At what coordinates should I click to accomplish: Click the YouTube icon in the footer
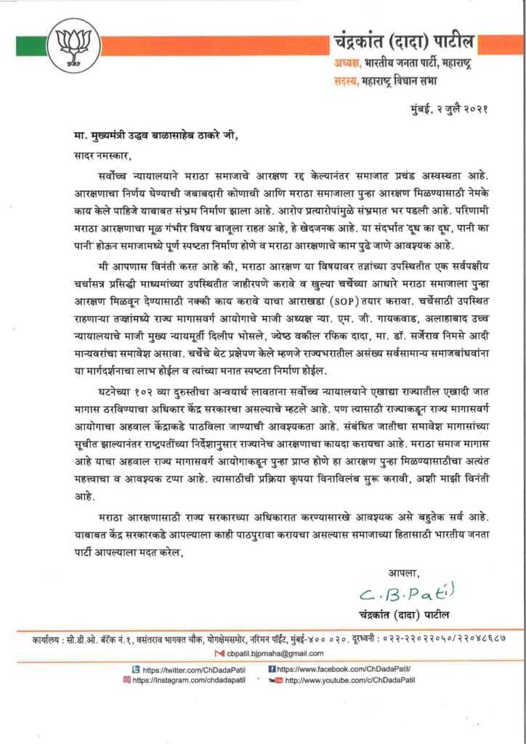pyautogui.click(x=275, y=680)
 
